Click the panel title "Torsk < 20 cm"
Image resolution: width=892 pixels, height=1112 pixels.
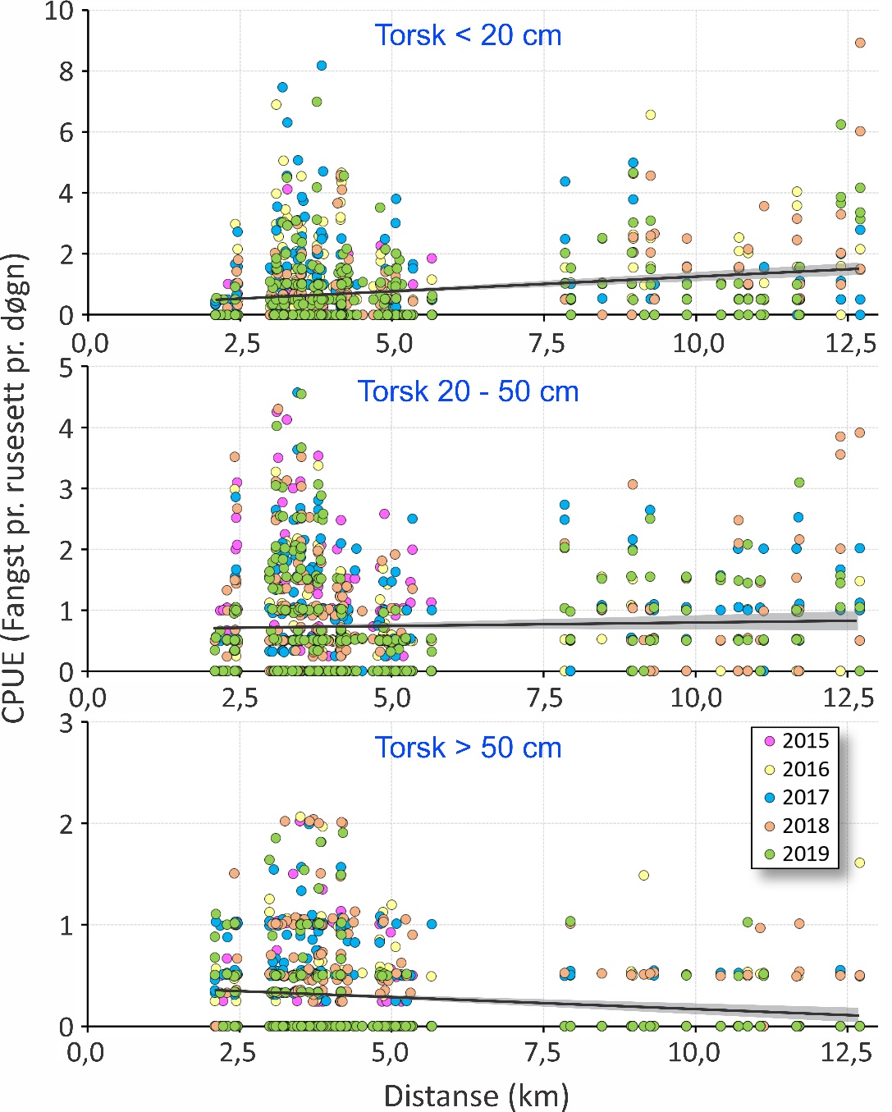[x=468, y=35]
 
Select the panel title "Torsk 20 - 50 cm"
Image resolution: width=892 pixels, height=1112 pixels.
[x=468, y=391]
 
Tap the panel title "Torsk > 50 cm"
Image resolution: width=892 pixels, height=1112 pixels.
[x=468, y=748]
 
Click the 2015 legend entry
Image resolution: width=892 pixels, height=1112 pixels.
[x=795, y=741]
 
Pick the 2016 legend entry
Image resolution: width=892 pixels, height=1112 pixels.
[x=795, y=769]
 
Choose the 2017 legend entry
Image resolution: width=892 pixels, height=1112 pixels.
[x=795, y=797]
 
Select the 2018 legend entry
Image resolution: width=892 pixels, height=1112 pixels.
[x=795, y=826]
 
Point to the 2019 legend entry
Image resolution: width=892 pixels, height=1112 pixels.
[x=795, y=853]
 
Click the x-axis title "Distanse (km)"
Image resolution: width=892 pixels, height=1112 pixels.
[x=476, y=1096]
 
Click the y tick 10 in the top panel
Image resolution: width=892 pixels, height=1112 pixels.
[x=59, y=11]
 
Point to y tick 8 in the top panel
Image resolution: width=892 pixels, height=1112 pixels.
[x=66, y=71]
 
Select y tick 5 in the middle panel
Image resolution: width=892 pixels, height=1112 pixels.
[x=66, y=368]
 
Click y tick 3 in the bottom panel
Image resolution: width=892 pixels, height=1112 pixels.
[x=66, y=723]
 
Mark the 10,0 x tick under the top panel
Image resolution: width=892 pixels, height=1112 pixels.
[x=698, y=343]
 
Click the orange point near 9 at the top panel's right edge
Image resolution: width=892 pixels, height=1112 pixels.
[x=860, y=43]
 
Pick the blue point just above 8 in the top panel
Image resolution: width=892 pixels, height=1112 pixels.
[x=322, y=66]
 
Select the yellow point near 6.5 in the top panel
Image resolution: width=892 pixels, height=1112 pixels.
[x=650, y=115]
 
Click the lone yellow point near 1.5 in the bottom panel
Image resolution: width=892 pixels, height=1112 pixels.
[x=643, y=875]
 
